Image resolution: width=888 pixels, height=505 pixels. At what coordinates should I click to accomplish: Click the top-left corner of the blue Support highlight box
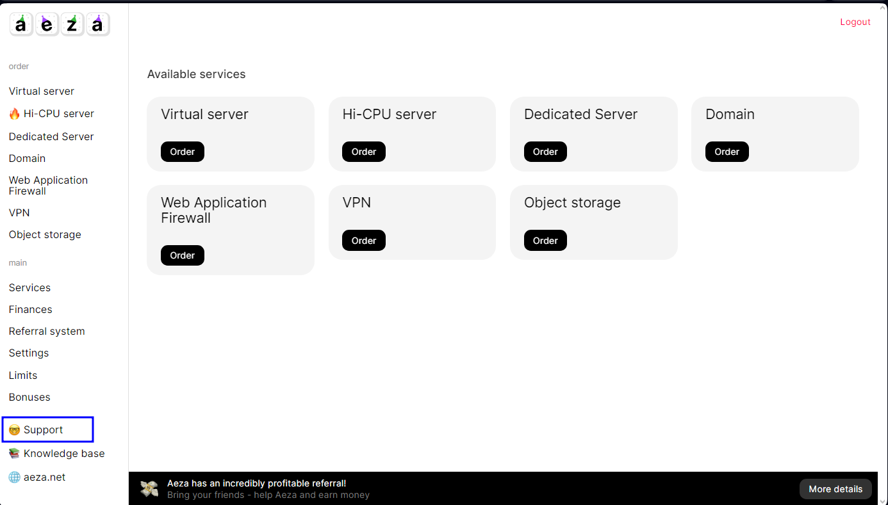pyautogui.click(x=3, y=417)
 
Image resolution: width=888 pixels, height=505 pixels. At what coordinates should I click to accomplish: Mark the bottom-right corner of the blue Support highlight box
pyautogui.click(x=93, y=442)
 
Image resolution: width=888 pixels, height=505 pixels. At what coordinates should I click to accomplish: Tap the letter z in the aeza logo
pyautogui.click(x=72, y=24)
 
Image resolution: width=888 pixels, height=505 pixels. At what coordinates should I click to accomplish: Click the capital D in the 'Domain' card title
pyautogui.click(x=710, y=114)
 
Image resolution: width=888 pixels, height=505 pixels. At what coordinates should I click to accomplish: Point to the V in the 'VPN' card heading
pyautogui.click(x=347, y=202)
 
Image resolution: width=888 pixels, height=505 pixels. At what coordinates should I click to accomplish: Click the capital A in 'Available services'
pyautogui.click(x=151, y=74)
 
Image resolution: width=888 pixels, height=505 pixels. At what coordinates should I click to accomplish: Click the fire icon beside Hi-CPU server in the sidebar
pyautogui.click(x=14, y=114)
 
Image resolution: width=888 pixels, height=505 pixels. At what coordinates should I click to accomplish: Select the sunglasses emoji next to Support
pyautogui.click(x=14, y=429)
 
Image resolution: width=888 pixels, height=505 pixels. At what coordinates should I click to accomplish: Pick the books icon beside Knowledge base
pyautogui.click(x=14, y=454)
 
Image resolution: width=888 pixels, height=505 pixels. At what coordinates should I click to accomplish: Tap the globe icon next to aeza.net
pyautogui.click(x=14, y=477)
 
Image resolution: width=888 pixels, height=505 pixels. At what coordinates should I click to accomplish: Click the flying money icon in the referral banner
pyautogui.click(x=149, y=488)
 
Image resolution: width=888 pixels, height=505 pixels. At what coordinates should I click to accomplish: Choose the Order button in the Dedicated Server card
pyautogui.click(x=545, y=152)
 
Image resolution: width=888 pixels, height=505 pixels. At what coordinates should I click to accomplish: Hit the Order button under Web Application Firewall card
pyautogui.click(x=183, y=255)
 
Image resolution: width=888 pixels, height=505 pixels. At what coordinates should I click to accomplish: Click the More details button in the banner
pyautogui.click(x=835, y=489)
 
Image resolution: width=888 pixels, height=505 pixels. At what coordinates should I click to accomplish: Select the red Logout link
pyautogui.click(x=855, y=22)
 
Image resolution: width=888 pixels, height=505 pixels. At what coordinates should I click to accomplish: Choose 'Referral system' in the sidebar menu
pyautogui.click(x=47, y=331)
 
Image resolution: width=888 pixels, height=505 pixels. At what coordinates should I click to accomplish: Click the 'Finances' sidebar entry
pyautogui.click(x=31, y=309)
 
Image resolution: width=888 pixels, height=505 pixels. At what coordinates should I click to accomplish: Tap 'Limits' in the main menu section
pyautogui.click(x=23, y=375)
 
